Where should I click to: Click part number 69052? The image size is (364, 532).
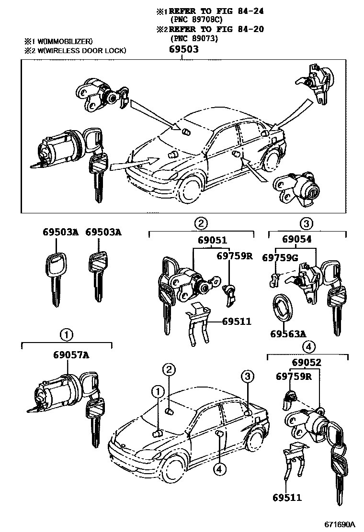click(305, 364)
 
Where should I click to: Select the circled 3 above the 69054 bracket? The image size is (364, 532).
click(306, 223)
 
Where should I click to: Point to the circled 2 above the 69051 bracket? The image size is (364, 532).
click(201, 223)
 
